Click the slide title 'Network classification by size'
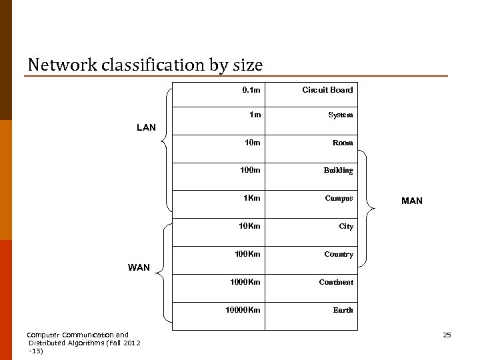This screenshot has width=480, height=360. point(145,65)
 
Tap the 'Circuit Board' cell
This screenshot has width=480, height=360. point(327,90)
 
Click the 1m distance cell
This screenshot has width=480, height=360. point(255,115)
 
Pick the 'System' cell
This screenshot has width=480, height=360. point(340,115)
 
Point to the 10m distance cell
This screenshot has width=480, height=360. point(252,143)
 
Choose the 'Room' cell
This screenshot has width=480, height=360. point(343,143)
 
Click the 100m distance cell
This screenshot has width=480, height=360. point(250,170)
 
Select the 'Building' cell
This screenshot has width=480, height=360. point(338,170)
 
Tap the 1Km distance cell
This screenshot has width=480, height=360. point(251,198)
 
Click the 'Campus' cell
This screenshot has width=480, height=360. point(339,198)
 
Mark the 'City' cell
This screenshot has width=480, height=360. point(345,226)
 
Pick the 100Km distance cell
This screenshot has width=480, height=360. point(247,254)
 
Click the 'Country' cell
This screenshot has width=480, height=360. point(338,254)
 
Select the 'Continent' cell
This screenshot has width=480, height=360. point(336,282)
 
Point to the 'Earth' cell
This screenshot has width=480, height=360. point(343,310)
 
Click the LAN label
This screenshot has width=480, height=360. point(146,127)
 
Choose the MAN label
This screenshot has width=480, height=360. point(411,201)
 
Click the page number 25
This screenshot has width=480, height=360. point(447,335)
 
